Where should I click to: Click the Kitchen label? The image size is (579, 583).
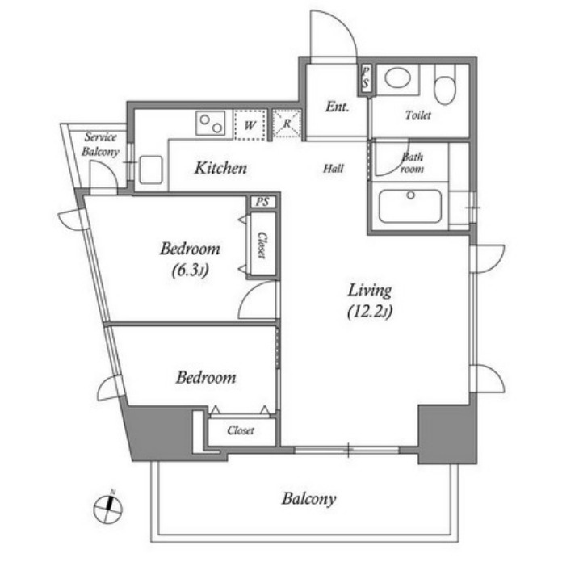(220, 168)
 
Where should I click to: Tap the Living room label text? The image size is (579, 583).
(370, 291)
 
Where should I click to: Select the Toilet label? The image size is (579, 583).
(418, 115)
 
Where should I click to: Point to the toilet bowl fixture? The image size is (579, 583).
(445, 86)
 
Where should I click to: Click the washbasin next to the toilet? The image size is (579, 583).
(398, 78)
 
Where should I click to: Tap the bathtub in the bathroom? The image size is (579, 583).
(409, 207)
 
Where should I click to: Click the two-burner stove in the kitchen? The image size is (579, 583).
(211, 124)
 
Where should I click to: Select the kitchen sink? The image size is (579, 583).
(151, 170)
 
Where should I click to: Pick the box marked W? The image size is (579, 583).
(250, 125)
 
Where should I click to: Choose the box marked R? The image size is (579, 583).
(287, 124)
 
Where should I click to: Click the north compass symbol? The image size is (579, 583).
(108, 508)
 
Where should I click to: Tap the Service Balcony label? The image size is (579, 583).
(100, 145)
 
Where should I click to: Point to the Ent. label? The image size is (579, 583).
(338, 107)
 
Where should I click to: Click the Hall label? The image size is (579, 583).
(334, 169)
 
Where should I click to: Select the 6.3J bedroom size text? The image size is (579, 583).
(190, 270)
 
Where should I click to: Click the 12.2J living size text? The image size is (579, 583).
(370, 312)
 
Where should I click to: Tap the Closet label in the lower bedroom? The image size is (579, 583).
(241, 430)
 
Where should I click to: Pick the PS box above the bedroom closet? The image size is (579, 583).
(262, 202)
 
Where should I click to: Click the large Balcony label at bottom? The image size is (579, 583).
(308, 499)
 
